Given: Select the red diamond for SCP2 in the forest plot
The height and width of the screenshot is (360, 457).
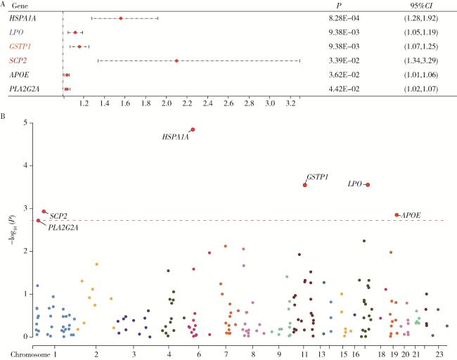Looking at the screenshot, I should (176, 60).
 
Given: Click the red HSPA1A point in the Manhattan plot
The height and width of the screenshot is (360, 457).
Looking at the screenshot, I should (193, 129).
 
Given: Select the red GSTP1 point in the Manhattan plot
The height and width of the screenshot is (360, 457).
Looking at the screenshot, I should (304, 185).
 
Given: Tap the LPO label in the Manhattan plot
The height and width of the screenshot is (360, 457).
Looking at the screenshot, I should (355, 184).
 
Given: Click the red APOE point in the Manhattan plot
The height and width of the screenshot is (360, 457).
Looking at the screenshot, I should (397, 215).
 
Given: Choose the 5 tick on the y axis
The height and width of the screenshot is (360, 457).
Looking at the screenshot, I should (26, 123).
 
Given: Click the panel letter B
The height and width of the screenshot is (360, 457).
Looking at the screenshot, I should (4, 112).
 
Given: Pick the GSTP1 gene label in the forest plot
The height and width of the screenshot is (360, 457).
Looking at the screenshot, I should (22, 46).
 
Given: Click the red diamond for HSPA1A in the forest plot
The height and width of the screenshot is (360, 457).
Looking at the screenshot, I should (121, 18).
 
